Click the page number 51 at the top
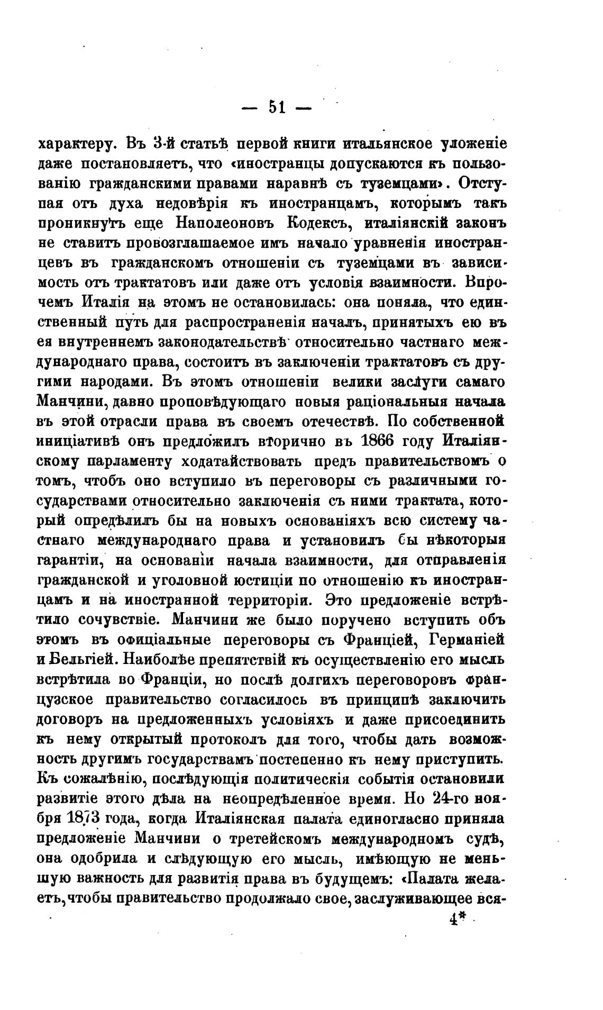pyautogui.click(x=277, y=107)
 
